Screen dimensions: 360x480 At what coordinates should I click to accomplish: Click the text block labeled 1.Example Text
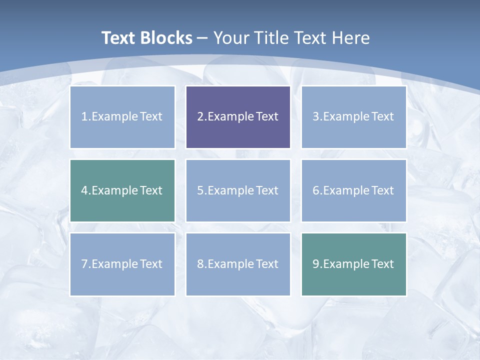pos(122,117)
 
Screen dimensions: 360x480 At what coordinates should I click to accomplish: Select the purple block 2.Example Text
pos(238,117)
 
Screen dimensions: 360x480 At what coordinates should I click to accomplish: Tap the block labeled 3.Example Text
pos(353,117)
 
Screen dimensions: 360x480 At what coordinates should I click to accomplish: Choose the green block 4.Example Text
pos(122,190)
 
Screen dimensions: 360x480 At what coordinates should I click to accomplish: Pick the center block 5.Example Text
pos(238,190)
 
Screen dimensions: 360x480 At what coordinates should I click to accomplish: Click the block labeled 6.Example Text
pos(353,190)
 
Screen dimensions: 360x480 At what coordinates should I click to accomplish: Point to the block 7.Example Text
pos(122,264)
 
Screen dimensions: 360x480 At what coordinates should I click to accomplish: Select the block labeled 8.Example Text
pos(238,264)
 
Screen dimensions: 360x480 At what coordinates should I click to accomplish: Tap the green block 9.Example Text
pos(353,264)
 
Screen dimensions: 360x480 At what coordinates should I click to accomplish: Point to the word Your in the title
pos(231,38)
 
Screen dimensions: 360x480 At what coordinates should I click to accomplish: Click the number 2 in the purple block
pos(200,117)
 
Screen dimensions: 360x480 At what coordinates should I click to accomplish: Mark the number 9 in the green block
pos(315,264)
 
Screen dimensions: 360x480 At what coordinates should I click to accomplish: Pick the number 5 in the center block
pos(200,190)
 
